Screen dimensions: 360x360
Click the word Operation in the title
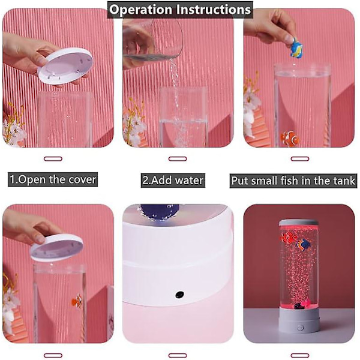[x=140, y=10]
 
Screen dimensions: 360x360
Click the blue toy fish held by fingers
[x=296, y=48]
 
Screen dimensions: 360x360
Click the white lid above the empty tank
[x=65, y=65]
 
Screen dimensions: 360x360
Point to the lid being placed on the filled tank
[x=57, y=247]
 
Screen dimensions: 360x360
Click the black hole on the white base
[x=179, y=294]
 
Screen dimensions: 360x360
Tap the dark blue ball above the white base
[x=160, y=211]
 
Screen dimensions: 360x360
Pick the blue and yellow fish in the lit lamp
[x=303, y=245]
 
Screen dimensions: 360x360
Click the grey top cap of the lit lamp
[x=298, y=223]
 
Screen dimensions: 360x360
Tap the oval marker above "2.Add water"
[x=178, y=158]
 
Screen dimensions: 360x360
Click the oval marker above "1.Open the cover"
[x=53, y=158]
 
